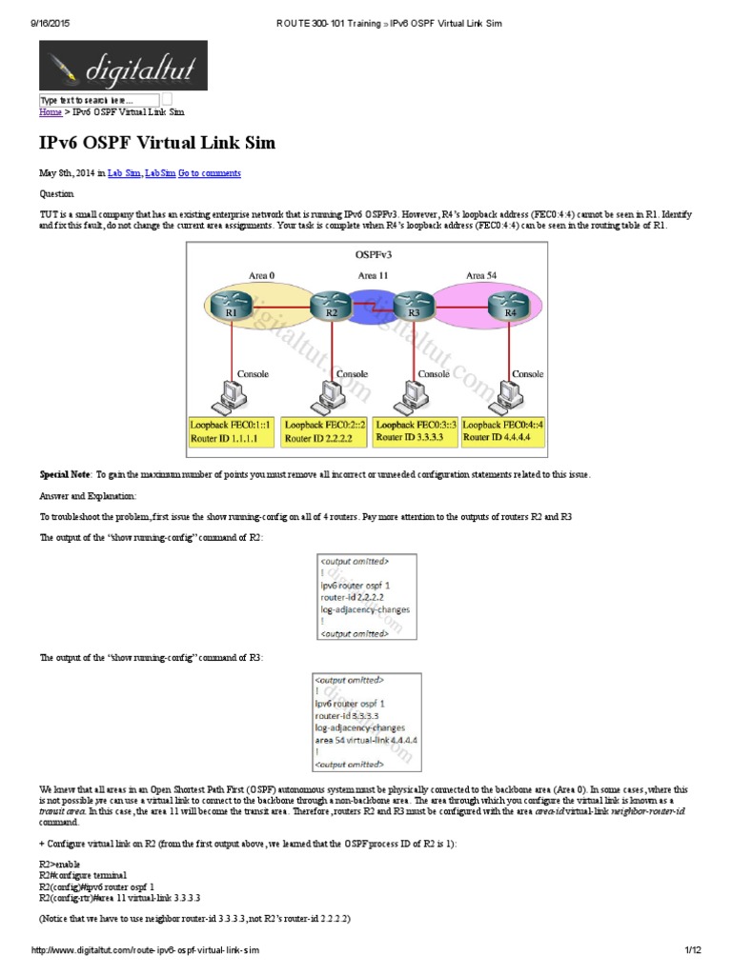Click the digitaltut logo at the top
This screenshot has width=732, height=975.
coord(122,65)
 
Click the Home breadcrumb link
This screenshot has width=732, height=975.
coord(51,112)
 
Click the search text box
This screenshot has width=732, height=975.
coord(99,100)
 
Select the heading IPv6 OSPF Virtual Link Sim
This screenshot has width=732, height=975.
coord(157,144)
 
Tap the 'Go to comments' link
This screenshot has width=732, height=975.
coord(210,173)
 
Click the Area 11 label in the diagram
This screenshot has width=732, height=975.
coord(373,275)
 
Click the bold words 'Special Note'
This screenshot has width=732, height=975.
coord(65,474)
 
